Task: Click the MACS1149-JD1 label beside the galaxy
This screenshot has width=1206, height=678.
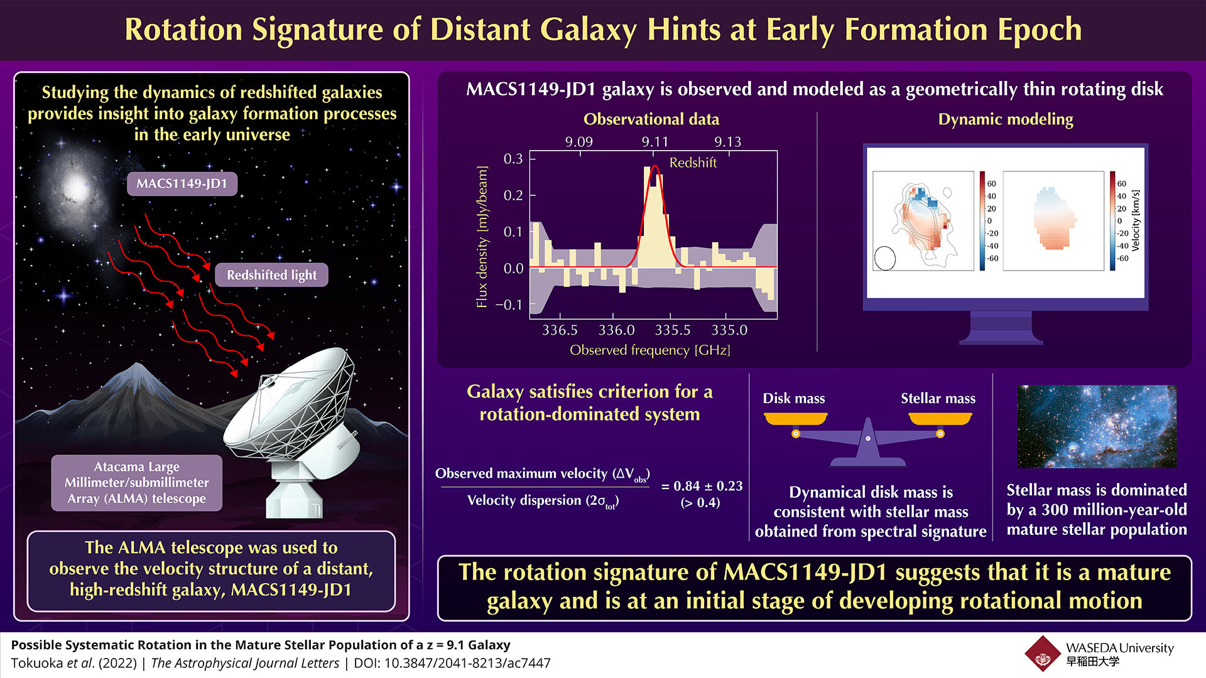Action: (182, 184)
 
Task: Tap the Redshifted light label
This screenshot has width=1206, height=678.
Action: (271, 275)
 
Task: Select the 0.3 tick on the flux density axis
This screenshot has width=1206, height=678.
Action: (513, 159)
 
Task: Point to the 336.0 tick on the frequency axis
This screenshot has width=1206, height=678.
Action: (616, 330)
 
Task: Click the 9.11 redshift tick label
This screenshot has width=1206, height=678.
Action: (655, 142)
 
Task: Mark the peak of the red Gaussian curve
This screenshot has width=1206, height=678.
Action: (655, 166)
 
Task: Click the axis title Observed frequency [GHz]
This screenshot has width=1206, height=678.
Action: (649, 350)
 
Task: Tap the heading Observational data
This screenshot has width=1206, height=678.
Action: (651, 119)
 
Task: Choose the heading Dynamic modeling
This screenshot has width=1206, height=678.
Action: (1005, 119)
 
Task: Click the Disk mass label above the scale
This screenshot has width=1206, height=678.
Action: (793, 399)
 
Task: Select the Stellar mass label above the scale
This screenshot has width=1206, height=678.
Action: (938, 399)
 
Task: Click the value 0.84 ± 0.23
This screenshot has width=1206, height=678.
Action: (702, 486)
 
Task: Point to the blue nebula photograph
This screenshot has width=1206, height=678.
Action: (1096, 427)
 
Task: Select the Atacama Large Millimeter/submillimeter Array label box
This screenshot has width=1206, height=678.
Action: (136, 483)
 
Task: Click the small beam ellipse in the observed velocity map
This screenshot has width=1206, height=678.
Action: (884, 258)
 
